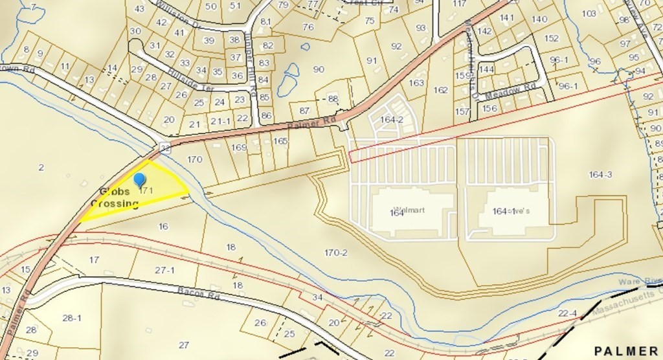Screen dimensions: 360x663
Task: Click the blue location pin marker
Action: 139,180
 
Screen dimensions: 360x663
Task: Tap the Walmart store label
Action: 408,210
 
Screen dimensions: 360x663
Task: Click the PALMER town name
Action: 627,350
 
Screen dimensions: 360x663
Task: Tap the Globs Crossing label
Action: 115,198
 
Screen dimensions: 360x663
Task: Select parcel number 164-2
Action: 392,119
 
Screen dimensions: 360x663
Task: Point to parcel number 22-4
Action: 567,314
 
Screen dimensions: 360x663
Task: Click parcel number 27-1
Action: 164,269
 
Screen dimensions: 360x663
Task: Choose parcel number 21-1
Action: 221,120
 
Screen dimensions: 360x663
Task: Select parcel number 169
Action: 239,148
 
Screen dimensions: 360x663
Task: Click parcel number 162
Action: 441,90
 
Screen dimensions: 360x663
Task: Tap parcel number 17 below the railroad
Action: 94,260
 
